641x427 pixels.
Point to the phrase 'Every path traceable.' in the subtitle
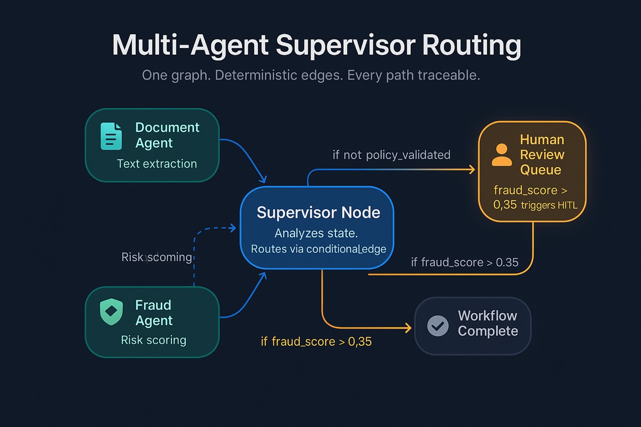413,75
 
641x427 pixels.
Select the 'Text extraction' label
157,164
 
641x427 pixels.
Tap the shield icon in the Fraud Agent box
112,312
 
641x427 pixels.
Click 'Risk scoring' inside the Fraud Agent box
154,340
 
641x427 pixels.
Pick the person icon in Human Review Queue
502,155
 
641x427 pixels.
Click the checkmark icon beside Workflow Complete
439,326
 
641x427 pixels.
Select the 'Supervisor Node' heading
318,212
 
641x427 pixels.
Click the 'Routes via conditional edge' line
318,249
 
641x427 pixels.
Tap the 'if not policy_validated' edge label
391,155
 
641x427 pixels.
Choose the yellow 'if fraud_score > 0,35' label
316,341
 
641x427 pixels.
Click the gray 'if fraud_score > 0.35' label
464,262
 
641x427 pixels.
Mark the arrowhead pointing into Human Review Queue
472,170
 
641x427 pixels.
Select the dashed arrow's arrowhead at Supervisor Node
233,228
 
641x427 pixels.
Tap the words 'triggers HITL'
549,204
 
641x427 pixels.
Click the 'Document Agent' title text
167,135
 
